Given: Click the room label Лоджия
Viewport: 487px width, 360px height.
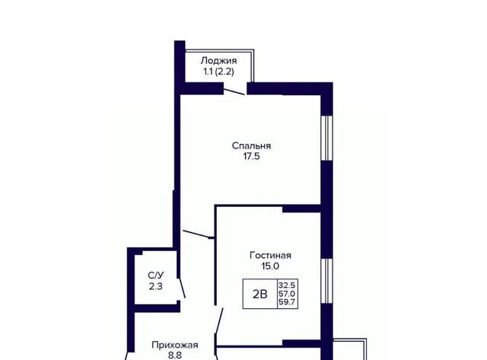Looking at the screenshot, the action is (218, 61).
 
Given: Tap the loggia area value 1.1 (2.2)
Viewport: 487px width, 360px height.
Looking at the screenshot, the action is (218, 72).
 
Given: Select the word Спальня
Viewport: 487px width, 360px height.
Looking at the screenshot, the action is (252, 145).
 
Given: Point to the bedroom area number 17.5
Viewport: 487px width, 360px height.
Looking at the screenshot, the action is (252, 156).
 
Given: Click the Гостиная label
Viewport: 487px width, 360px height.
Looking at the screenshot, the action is (271, 255).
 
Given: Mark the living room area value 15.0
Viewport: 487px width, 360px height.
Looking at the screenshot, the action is (271, 266).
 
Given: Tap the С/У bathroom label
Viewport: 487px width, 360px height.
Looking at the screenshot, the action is (155, 276).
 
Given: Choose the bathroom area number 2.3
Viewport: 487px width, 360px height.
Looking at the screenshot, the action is (155, 286).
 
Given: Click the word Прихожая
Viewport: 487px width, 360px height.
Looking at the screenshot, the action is (175, 345).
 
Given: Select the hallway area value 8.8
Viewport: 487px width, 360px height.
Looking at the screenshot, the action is (175, 355).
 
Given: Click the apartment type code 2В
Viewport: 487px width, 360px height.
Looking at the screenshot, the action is (260, 294).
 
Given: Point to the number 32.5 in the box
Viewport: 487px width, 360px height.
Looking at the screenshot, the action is (288, 285).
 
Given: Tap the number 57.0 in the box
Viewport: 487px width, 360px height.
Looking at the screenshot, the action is (288, 294).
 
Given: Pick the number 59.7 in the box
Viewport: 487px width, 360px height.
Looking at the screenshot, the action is (288, 302).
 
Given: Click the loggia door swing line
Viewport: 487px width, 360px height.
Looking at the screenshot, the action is (234, 92).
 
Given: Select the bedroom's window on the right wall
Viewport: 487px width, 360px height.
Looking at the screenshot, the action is (326, 139).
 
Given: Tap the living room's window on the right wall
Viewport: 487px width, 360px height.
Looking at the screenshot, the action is (326, 281).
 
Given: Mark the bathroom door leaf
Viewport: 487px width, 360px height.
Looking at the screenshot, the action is (182, 288).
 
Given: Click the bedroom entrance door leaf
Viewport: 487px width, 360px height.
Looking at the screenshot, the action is (196, 234).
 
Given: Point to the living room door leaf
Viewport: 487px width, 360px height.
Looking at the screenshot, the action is (219, 321).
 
